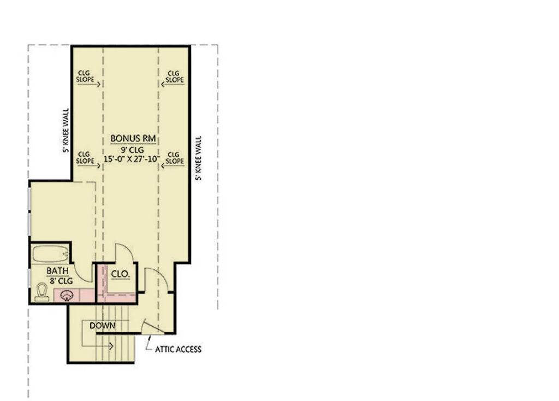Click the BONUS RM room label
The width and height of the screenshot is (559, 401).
[130, 138]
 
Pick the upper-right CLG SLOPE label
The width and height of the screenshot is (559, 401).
[174, 76]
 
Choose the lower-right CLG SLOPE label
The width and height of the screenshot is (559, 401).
[174, 157]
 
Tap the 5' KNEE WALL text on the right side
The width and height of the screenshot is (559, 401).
[198, 158]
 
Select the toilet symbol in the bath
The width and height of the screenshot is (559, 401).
[41, 292]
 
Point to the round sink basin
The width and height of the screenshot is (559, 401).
[67, 296]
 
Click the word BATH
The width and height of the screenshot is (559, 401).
[57, 271]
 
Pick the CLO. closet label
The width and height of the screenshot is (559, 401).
[120, 274]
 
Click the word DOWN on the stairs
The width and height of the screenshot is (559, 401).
[102, 326]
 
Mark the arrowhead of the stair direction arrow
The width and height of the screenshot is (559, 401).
[111, 345]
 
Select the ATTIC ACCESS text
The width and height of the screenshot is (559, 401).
[178, 349]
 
